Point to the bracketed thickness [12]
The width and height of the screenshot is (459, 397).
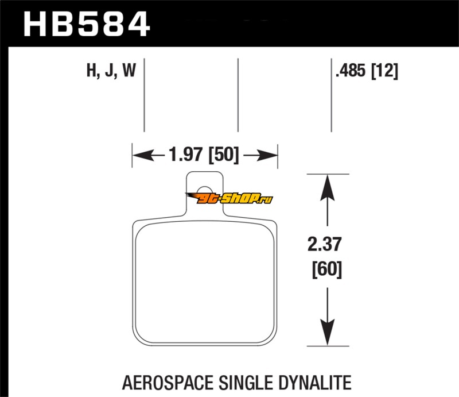coord(386,72)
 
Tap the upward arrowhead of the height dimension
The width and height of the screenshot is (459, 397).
coord(327,186)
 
